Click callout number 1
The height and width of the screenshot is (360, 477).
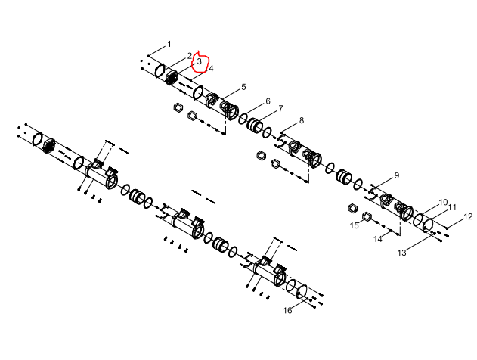(169, 45)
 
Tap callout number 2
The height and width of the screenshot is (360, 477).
(190, 56)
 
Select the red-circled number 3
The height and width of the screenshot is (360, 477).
(200, 61)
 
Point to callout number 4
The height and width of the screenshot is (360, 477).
(211, 68)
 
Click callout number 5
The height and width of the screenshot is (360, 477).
(243, 87)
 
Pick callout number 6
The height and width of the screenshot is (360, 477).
(268, 101)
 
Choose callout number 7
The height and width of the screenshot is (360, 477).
(280, 108)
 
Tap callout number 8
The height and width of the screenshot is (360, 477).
(302, 120)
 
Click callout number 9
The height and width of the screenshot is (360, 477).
(397, 175)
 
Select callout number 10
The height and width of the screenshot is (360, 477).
(443, 203)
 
